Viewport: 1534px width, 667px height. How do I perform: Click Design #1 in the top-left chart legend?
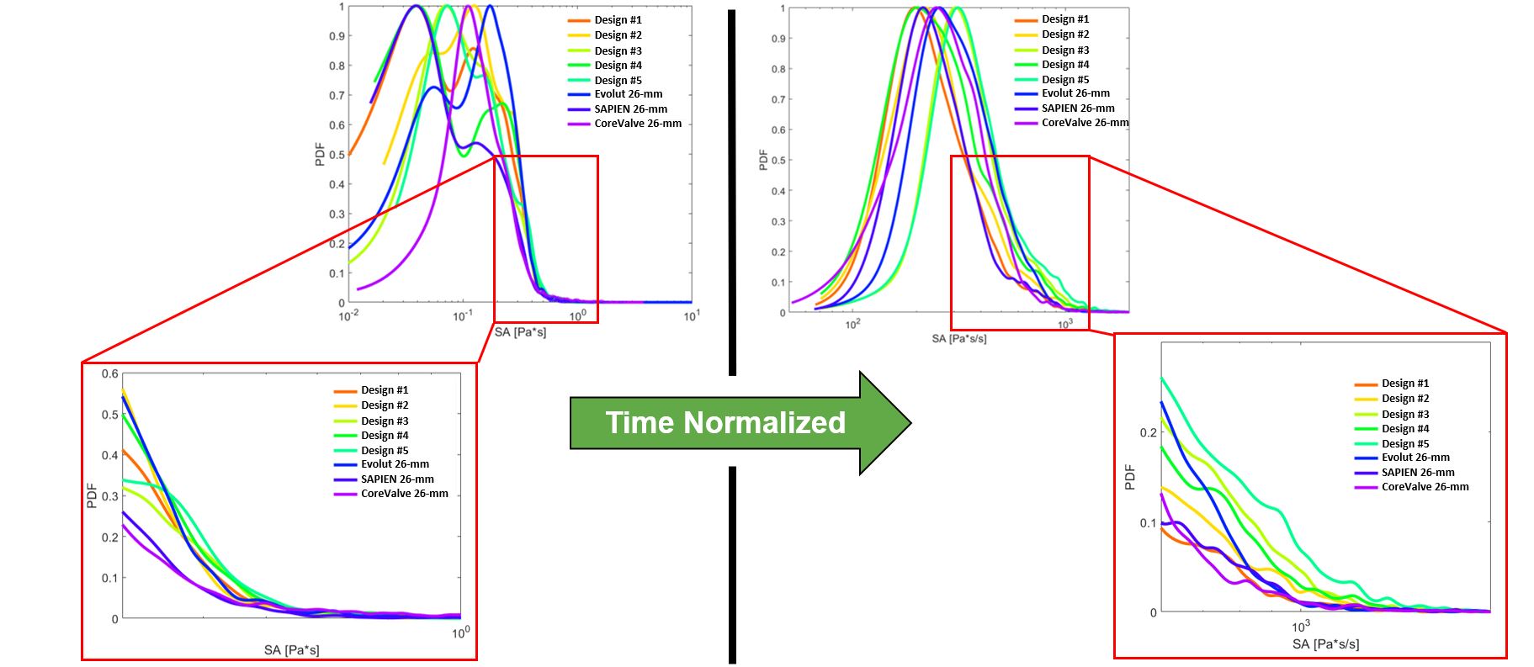618,20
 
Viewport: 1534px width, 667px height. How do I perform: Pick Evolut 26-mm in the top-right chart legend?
1075,93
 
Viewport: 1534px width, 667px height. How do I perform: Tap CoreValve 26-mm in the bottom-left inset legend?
404,494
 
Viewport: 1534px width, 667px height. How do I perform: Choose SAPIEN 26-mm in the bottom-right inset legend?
1417,473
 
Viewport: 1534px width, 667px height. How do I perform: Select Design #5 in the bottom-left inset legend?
385,451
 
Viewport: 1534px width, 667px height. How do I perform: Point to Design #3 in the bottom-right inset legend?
1404,415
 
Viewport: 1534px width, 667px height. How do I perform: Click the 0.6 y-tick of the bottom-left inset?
110,374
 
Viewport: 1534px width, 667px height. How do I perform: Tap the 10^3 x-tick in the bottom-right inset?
1301,627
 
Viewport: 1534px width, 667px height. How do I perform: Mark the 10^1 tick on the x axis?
692,315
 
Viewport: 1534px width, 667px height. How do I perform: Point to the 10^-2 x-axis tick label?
348,316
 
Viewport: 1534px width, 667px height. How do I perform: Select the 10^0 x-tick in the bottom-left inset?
460,633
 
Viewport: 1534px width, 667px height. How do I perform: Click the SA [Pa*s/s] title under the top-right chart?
958,338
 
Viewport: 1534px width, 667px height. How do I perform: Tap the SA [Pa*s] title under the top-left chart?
520,332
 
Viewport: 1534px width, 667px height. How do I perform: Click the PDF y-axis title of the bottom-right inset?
1130,477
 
